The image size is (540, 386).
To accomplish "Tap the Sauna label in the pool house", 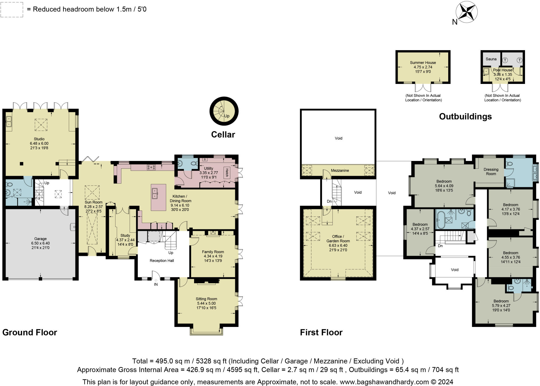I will click(x=491, y=59).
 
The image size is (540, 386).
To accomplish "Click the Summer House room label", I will click(x=423, y=63).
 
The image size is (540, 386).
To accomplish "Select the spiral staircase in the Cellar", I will click(x=224, y=111).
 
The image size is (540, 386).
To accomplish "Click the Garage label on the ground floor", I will click(x=40, y=239).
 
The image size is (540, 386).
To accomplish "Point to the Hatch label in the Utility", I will click(x=226, y=173).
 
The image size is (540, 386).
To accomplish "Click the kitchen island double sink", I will click(x=155, y=193).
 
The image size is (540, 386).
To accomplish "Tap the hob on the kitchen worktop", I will click(x=151, y=167).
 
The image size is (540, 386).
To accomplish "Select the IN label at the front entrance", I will click(x=156, y=284).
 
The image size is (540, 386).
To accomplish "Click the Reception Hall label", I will click(x=162, y=261).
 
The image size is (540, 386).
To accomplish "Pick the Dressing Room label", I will click(x=491, y=171).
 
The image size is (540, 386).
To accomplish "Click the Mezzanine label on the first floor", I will click(x=340, y=170).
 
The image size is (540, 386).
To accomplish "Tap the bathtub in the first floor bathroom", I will click(x=441, y=220).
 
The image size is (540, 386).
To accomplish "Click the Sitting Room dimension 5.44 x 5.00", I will click(x=206, y=303).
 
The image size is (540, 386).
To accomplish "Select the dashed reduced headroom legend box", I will click(x=12, y=10).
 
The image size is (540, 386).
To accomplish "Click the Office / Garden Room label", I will click(x=338, y=239).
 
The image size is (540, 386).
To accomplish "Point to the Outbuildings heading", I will click(x=465, y=116).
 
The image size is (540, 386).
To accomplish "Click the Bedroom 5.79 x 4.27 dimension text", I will click(x=501, y=306).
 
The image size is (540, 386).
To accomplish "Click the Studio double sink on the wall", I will click(x=9, y=121).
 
